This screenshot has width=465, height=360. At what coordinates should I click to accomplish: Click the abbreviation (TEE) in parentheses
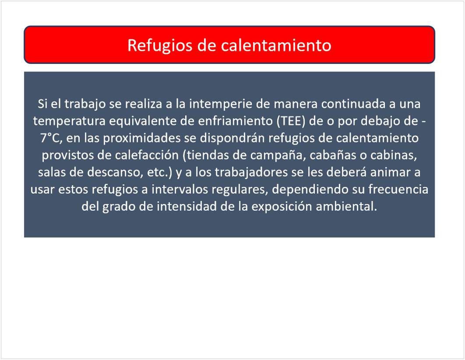pyautogui.click(x=291, y=121)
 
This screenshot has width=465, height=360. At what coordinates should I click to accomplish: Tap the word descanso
pyautogui.click(x=115, y=172)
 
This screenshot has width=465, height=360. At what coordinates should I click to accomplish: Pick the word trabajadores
pyautogui.click(x=251, y=172)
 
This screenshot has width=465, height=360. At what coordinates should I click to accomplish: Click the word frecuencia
pyautogui.click(x=398, y=189)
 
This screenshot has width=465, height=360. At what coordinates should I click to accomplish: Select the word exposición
pyautogui.click(x=282, y=206)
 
